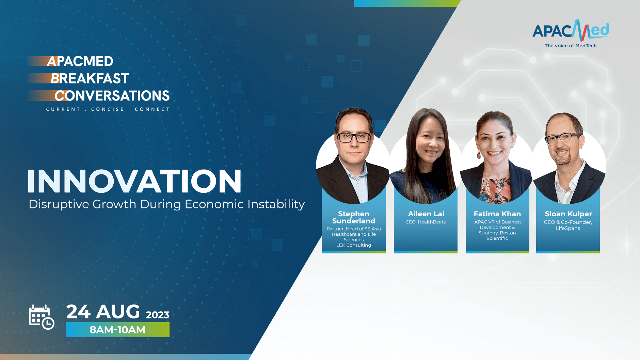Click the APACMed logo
point(571,31)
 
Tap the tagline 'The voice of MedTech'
point(571,46)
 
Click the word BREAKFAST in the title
point(90,79)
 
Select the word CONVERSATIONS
point(112,96)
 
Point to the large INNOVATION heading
point(135,181)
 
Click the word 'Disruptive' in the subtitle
point(59,204)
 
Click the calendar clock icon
point(41,317)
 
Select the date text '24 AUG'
point(103,312)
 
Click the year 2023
point(158,315)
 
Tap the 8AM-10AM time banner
point(117,330)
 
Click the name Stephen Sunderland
point(354,217)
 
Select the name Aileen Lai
point(426,214)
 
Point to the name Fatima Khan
point(497,214)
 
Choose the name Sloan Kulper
point(568,214)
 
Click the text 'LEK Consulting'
point(354,245)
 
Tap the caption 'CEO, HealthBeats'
point(426,222)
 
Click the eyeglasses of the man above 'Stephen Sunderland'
point(354,138)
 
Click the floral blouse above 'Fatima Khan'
point(496,189)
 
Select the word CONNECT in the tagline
point(152,109)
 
